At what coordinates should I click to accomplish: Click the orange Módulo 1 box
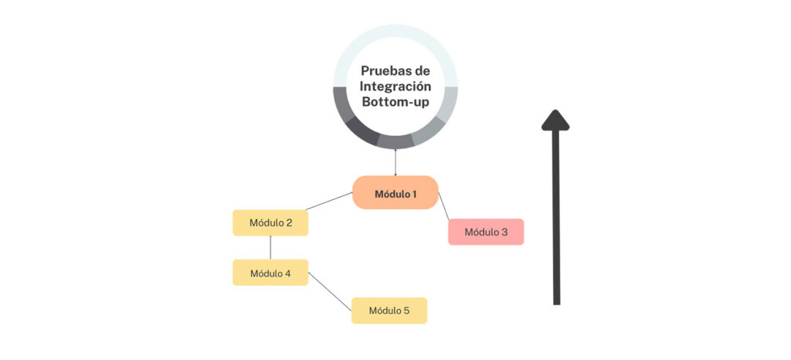pyautogui.click(x=395, y=192)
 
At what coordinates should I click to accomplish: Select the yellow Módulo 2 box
pyautogui.click(x=270, y=222)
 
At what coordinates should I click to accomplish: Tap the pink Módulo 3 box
pyautogui.click(x=486, y=232)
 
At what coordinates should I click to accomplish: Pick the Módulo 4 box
pyautogui.click(x=270, y=273)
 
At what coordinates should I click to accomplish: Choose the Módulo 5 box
pyautogui.click(x=389, y=311)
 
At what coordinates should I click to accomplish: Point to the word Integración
pyautogui.click(x=395, y=87)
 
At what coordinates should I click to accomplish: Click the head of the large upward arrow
pyautogui.click(x=555, y=119)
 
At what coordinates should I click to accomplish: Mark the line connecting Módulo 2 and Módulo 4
pyautogui.click(x=270, y=247)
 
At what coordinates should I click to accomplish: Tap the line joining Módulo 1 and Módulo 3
pyautogui.click(x=444, y=205)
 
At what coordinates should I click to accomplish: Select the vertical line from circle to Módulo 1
pyautogui.click(x=395, y=162)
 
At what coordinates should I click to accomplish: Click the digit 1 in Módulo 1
pyautogui.click(x=414, y=193)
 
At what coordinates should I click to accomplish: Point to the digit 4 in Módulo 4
pyautogui.click(x=288, y=273)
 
